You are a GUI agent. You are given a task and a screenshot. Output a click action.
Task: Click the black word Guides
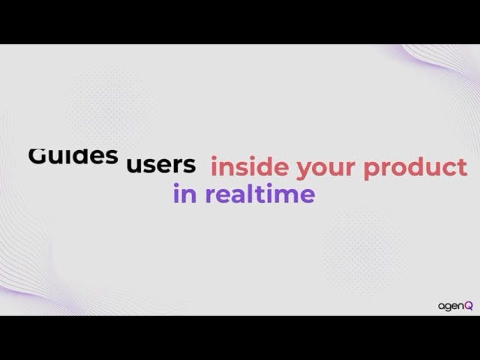click(73, 156)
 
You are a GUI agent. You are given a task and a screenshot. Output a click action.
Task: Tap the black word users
click(161, 165)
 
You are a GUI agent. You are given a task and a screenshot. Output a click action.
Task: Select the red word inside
click(250, 166)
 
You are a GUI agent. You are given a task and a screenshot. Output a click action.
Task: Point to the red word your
click(325, 169)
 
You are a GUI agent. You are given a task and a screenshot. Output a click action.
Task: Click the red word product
click(415, 168)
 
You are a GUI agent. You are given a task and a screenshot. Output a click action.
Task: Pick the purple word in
click(185, 193)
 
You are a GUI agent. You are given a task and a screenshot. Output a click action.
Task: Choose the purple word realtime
click(260, 193)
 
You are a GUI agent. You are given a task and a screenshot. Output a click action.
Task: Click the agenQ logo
click(455, 306)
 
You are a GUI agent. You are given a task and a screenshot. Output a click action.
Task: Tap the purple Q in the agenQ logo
click(469, 305)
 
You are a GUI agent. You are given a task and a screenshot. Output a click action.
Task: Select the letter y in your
click(305, 170)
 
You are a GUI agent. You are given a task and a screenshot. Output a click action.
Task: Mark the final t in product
click(462, 167)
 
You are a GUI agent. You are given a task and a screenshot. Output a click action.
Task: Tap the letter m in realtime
click(285, 195)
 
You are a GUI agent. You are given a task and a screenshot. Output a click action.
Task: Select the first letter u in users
click(134, 166)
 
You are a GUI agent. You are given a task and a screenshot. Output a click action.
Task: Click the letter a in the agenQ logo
click(442, 306)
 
